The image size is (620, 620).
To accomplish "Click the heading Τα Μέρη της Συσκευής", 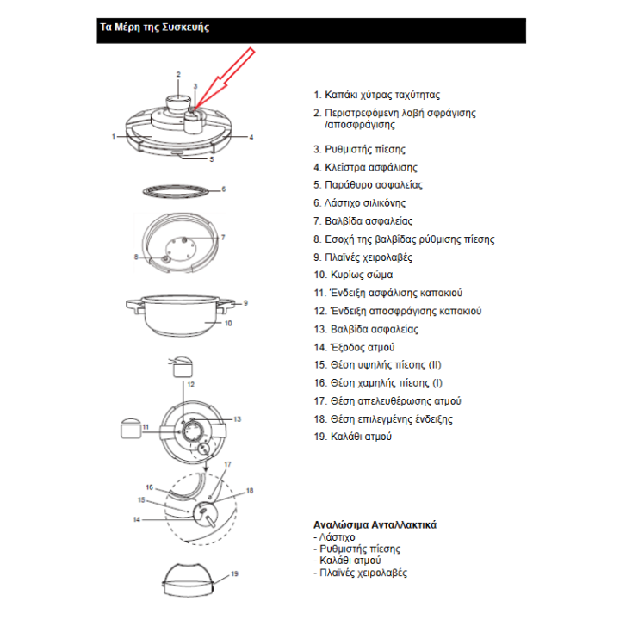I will pos(154,28).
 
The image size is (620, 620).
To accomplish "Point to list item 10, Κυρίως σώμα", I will pos(353,275).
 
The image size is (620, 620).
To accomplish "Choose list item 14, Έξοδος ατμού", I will pos(354,347).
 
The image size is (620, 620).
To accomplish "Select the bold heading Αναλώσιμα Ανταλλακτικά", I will pos(375,524).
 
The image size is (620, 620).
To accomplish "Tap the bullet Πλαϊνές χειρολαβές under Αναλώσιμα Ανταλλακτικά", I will pos(363,573).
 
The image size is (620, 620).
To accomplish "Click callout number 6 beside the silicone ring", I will pos(223,189).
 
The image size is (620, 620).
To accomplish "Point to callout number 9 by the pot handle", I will pos(245,303).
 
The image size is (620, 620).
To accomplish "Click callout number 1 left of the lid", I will pos(113,136).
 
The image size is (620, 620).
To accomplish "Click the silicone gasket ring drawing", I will pos(177,190).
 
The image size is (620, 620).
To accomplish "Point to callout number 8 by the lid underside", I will pos(135,257).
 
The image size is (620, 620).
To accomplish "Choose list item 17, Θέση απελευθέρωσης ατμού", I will pos(376,401).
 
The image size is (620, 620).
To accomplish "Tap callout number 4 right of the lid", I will pos(251,138).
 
